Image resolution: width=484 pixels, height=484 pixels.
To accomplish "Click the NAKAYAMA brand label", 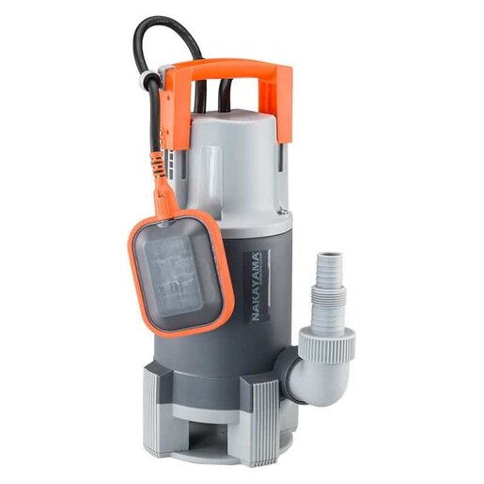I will [x=258, y=286].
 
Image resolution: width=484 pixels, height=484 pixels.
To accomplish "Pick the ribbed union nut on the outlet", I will [x=328, y=346].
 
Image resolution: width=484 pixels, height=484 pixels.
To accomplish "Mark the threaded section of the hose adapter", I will [x=329, y=301].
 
